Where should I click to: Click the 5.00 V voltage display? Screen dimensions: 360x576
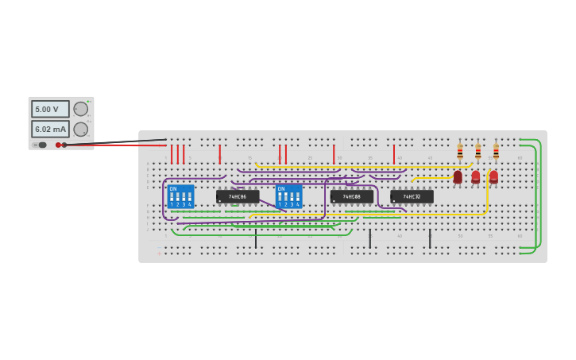50,109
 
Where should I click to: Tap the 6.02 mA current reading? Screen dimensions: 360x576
50,129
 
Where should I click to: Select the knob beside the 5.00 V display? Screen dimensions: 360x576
81,109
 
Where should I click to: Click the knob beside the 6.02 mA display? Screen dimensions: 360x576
81,129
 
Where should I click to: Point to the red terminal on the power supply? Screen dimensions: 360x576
58,145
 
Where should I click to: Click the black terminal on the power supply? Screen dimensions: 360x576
64,145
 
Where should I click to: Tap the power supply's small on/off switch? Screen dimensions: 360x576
42,145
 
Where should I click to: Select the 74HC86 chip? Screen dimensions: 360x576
238,196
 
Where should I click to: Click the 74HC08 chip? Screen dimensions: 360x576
352,196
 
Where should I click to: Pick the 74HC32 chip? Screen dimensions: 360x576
412,196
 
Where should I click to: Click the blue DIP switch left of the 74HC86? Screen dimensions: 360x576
180,196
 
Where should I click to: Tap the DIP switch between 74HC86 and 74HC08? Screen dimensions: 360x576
288,196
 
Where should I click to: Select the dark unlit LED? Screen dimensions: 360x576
458,177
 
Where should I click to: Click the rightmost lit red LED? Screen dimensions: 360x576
493,176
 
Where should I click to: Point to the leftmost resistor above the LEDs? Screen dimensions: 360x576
460,151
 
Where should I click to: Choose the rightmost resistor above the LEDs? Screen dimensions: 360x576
496,151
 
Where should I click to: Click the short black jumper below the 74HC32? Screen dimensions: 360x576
430,238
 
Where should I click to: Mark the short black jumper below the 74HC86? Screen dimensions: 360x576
256,238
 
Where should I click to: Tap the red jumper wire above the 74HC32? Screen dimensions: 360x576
393,154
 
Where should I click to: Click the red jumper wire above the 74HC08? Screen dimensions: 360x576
334,154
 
